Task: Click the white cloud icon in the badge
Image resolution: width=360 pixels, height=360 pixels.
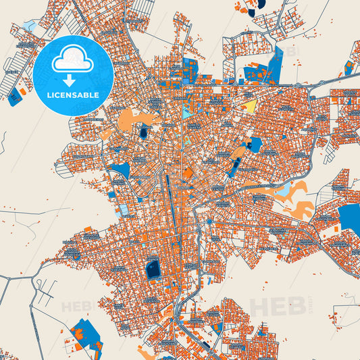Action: pos(72,60)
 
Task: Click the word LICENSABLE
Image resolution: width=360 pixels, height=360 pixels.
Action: pos(72,95)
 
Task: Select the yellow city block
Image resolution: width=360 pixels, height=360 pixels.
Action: pos(249,107)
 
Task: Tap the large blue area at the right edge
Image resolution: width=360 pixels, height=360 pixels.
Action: pos(349,221)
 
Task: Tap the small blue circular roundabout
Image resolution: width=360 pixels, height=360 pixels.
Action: pos(210,221)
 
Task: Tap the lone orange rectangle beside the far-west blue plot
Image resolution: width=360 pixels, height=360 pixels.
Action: pos(23,90)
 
